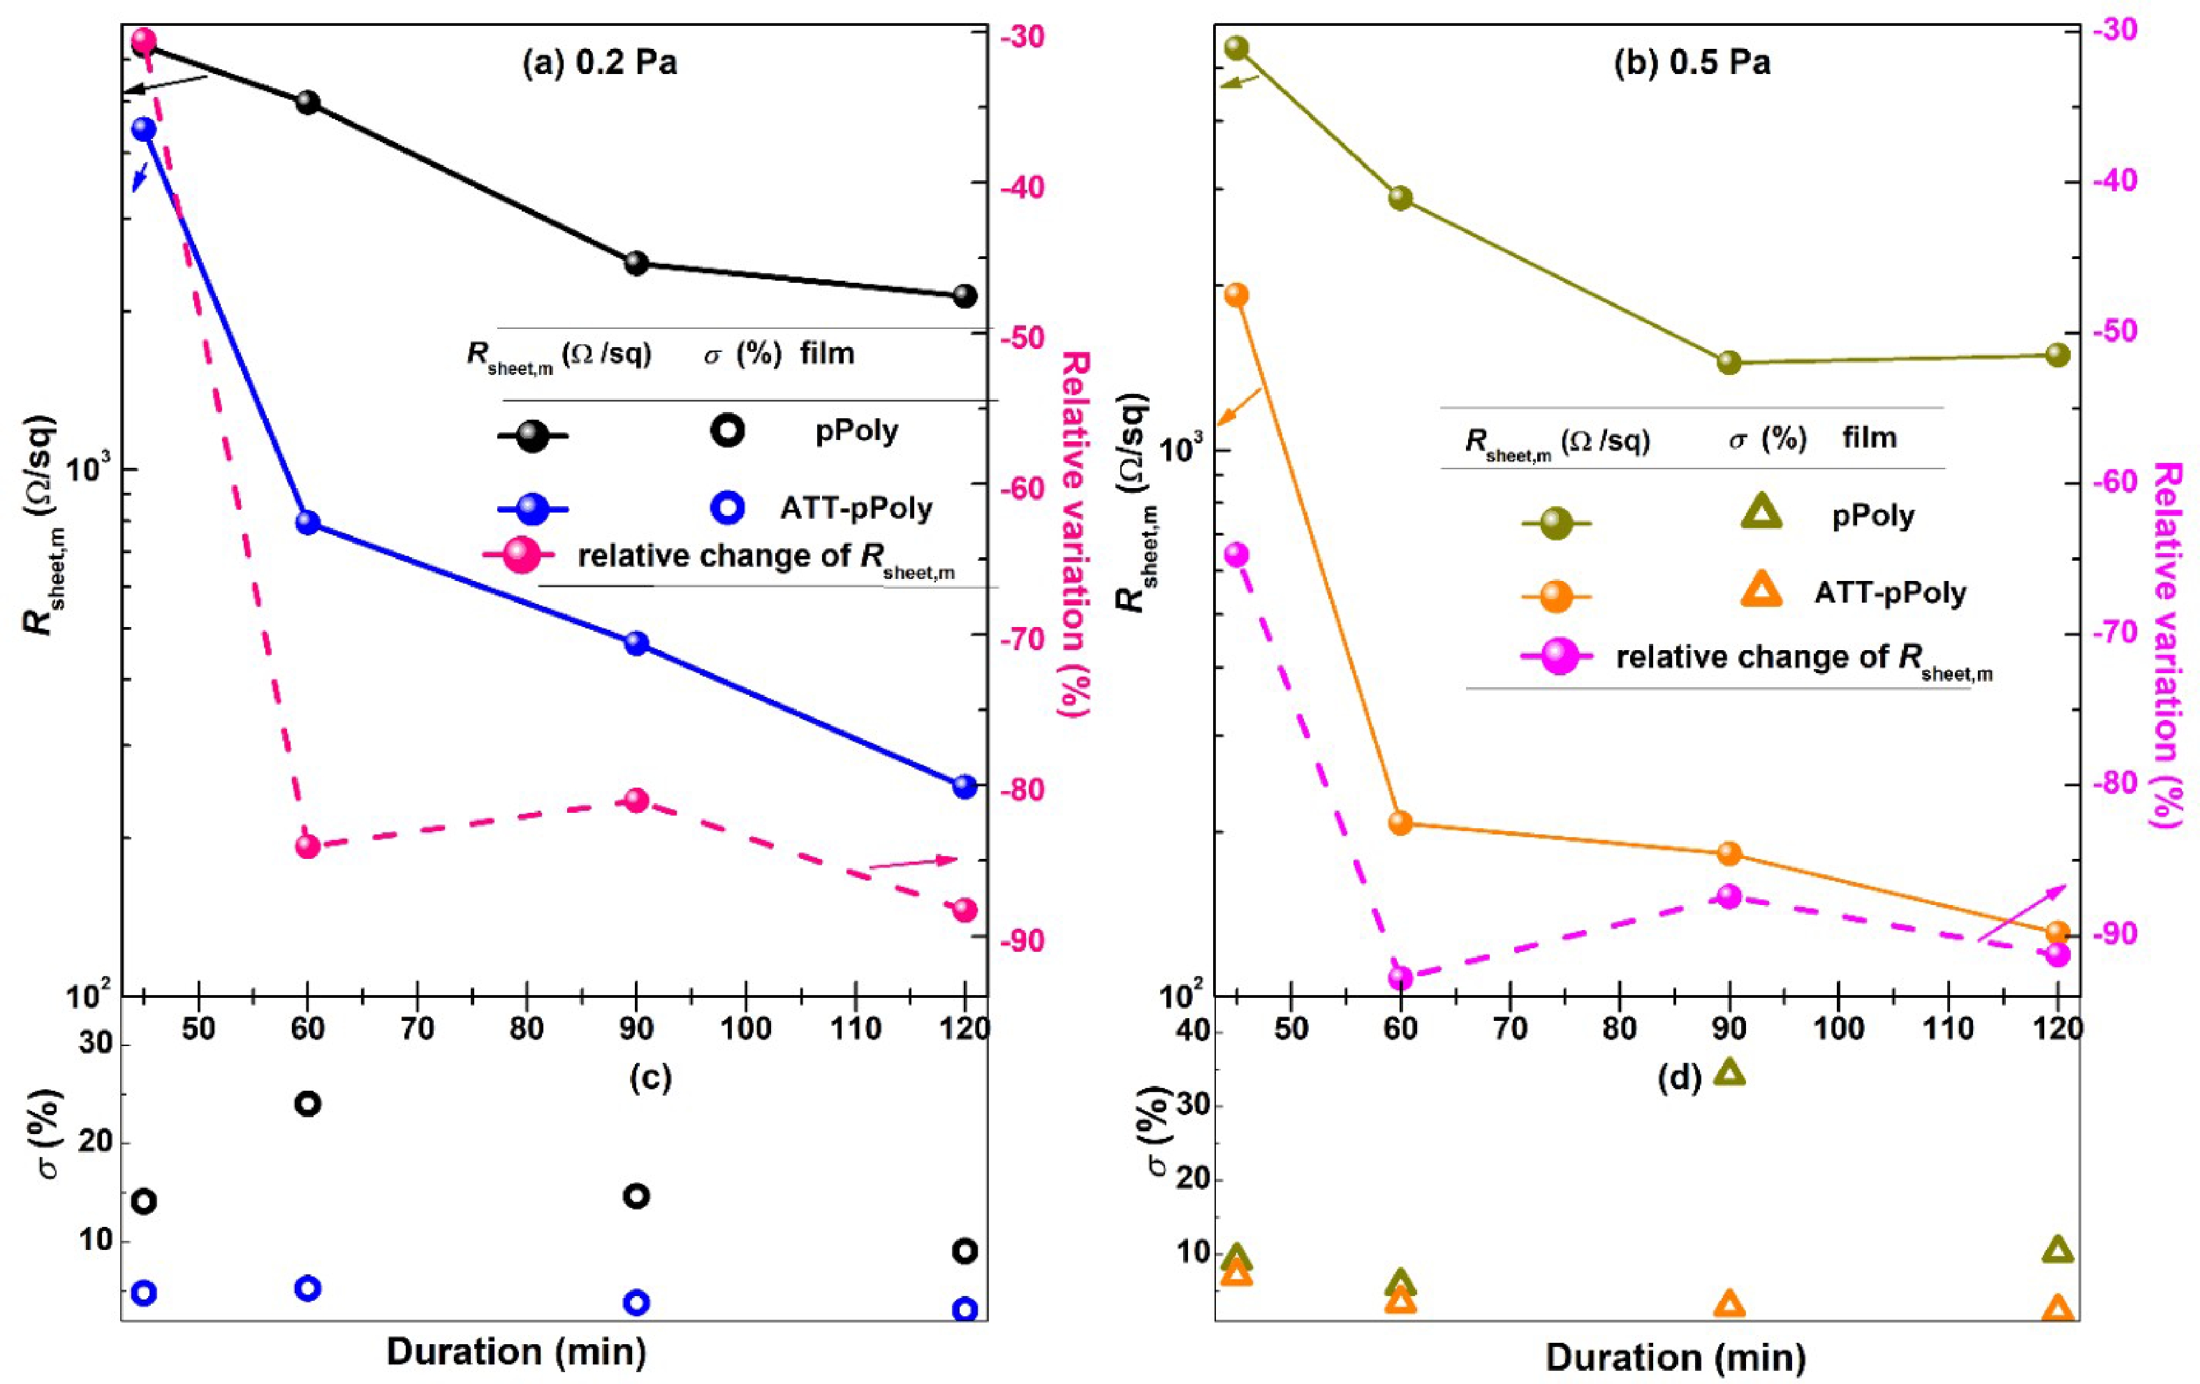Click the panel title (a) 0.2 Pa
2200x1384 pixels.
(599, 63)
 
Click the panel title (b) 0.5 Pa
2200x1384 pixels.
(1692, 63)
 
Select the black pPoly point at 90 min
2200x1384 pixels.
(636, 264)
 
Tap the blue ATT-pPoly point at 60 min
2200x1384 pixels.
(308, 522)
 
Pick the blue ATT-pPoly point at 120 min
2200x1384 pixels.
(965, 786)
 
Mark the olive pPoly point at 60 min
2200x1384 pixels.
(1400, 198)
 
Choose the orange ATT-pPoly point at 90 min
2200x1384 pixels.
(1729, 853)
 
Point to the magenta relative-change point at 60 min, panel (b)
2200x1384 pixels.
(1400, 978)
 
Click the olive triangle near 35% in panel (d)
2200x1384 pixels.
(1729, 1073)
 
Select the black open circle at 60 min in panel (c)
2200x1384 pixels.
(308, 1103)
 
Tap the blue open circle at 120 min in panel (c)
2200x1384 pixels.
(965, 1309)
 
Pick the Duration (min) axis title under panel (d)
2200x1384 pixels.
(1675, 1357)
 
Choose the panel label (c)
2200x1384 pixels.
(650, 1078)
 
